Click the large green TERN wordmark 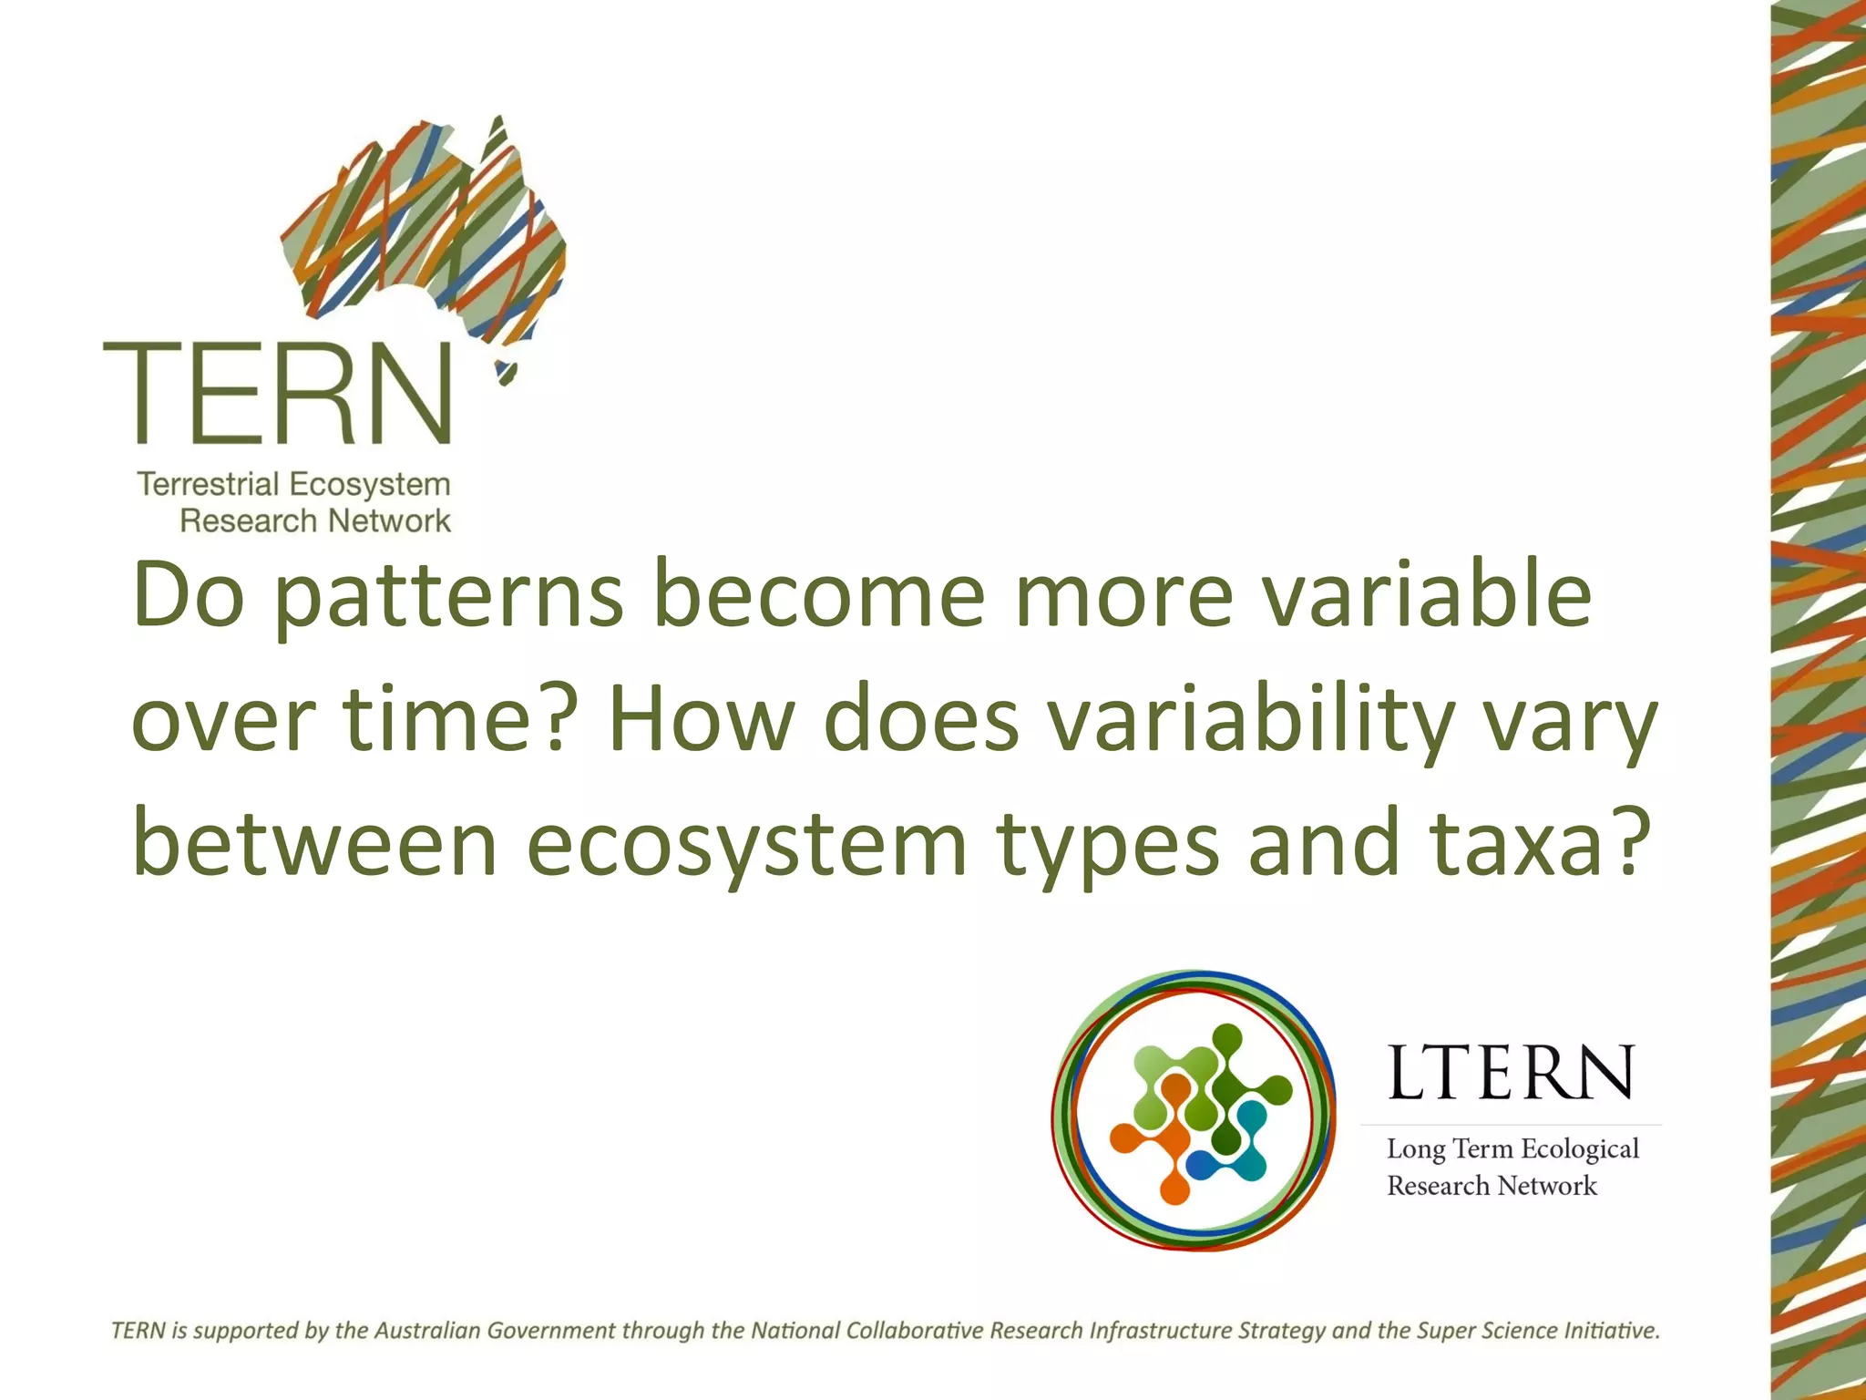[278, 394]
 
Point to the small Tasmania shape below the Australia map [506, 373]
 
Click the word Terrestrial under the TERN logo [209, 484]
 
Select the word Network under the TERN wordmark [389, 521]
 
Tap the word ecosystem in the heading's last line [747, 846]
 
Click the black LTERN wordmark [1511, 1073]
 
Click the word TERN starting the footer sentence [138, 1331]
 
